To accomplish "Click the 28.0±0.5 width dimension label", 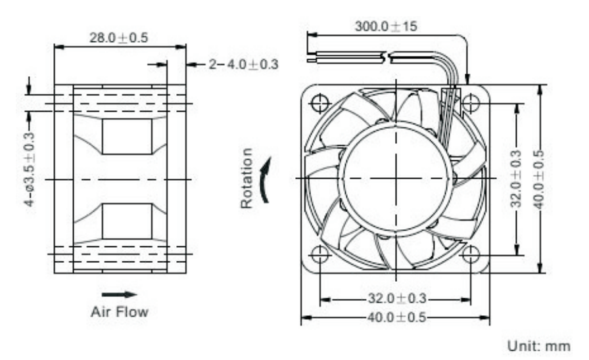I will coord(119,37).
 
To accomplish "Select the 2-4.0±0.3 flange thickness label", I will coord(243,64).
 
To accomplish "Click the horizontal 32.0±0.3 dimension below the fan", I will coord(394,299).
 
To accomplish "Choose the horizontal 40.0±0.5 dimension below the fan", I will coord(394,317).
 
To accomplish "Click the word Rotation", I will coord(247,179).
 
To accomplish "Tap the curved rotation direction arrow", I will coord(265,179).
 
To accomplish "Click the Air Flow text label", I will coord(119,311).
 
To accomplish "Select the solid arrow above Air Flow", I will coord(119,294).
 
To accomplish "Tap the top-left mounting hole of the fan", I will coord(320,103).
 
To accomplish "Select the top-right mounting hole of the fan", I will coord(470,103).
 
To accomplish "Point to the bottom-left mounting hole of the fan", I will coord(320,254).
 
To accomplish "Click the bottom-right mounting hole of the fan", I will coord(470,254).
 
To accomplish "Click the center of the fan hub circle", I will coord(396,178).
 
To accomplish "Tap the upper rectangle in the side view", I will coord(127,137).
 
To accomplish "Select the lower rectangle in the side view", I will coord(127,221).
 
